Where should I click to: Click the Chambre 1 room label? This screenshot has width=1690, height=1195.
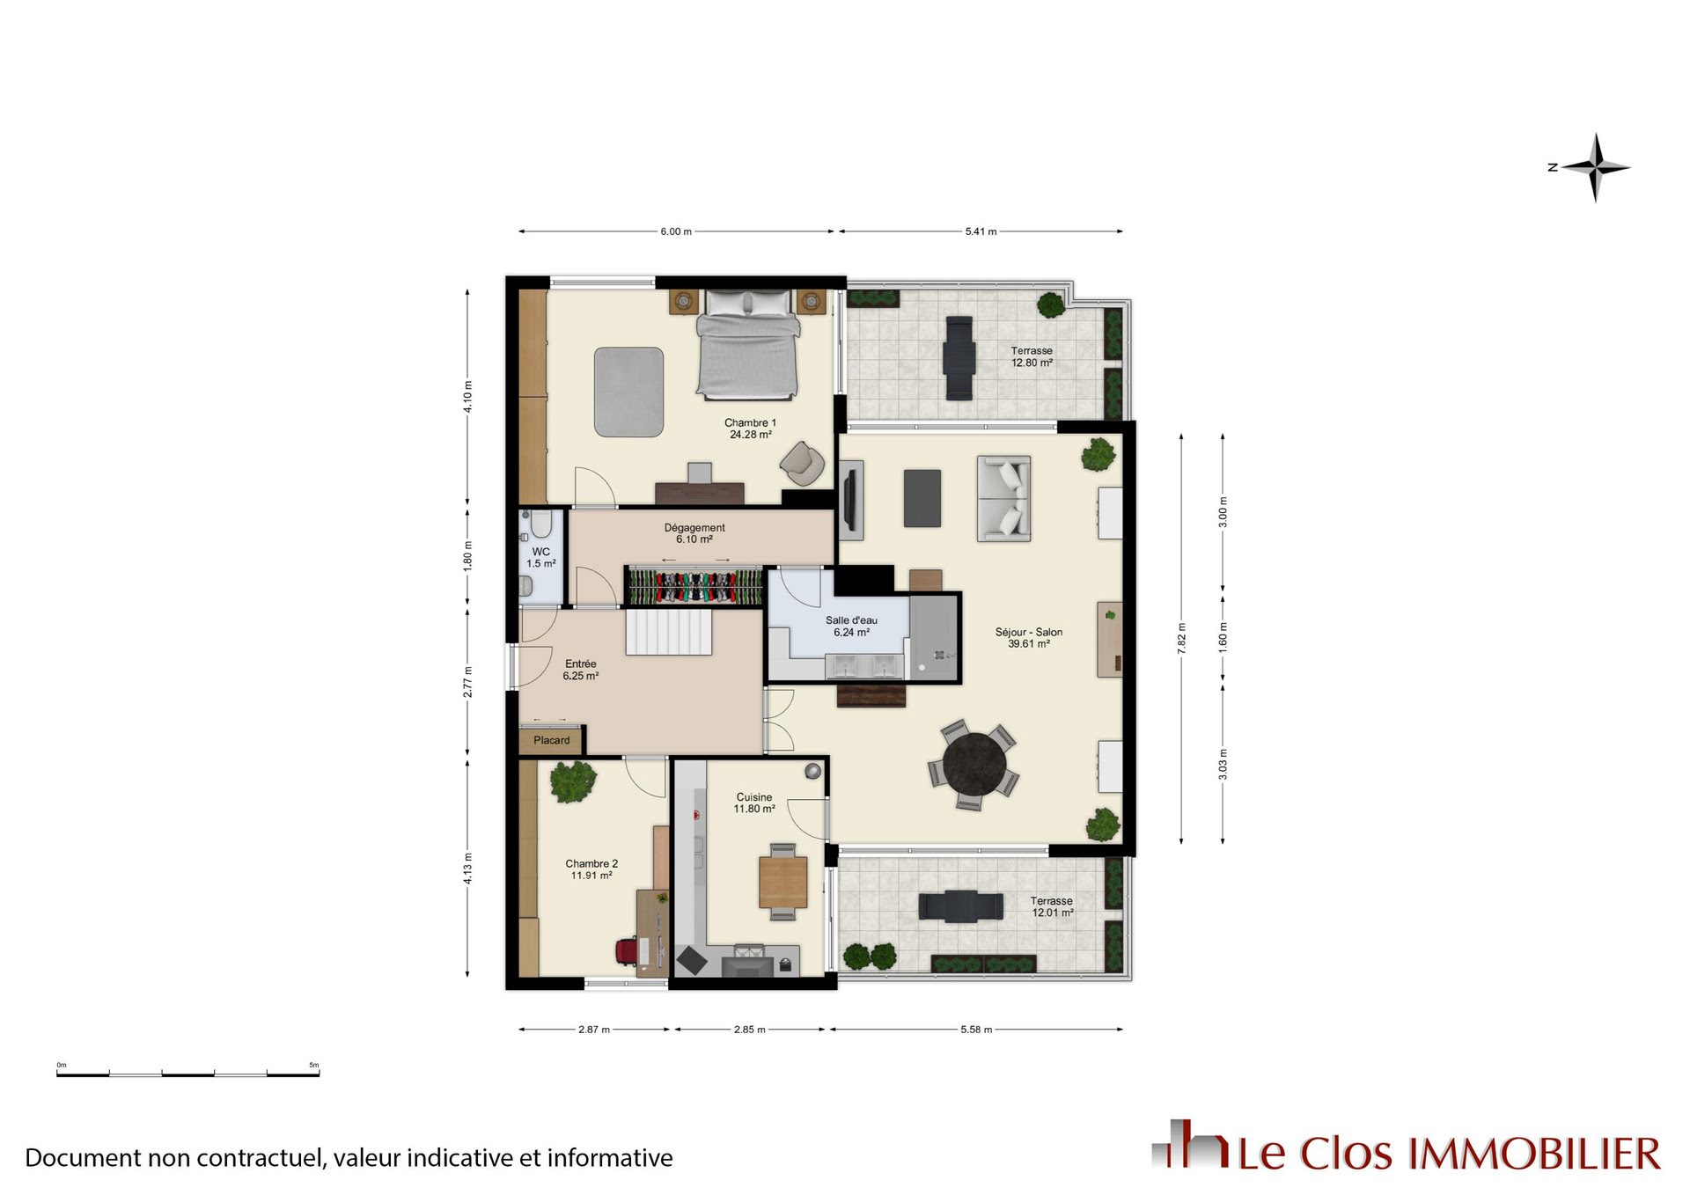(x=750, y=429)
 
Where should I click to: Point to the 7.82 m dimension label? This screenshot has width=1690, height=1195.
(x=1181, y=638)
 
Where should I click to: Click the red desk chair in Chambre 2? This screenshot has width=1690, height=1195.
(x=626, y=951)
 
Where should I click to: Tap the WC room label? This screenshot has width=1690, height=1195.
(x=540, y=558)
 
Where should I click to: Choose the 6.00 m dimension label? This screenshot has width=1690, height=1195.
(x=676, y=231)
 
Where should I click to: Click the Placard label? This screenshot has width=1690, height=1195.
(x=551, y=740)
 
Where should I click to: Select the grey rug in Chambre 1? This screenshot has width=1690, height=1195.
(x=628, y=392)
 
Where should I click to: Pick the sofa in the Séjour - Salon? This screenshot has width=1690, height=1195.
(x=1003, y=498)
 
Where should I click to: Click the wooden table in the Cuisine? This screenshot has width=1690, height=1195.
(x=783, y=882)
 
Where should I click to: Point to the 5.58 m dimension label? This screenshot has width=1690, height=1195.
(x=976, y=1029)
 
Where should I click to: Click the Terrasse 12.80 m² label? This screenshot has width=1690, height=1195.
(x=1032, y=356)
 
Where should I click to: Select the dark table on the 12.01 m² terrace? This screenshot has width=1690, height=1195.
(x=960, y=906)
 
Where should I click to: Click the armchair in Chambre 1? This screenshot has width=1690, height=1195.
(x=802, y=463)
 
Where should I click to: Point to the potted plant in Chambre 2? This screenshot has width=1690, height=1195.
(x=573, y=781)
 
